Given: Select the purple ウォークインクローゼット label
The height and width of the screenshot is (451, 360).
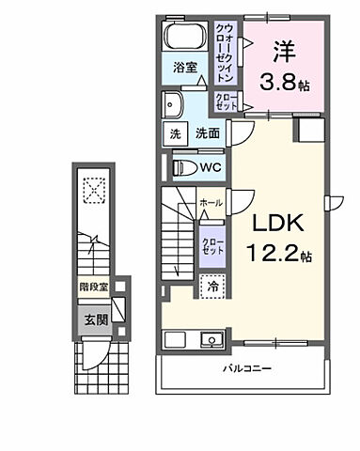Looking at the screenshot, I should (228, 51).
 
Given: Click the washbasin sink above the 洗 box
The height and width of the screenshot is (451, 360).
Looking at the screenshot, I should (175, 103).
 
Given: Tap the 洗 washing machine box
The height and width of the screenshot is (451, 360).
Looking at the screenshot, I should (175, 134).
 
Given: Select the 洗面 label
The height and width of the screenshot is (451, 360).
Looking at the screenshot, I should (208, 134).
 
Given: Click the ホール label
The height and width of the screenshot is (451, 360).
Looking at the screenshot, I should (210, 202).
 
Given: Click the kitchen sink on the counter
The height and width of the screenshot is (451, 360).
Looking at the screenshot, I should (210, 339).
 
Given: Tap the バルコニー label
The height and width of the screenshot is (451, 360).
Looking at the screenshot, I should (247, 369).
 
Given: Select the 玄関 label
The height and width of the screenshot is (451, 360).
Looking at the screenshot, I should (91, 319).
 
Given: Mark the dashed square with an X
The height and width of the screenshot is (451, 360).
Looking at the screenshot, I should (93, 190).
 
